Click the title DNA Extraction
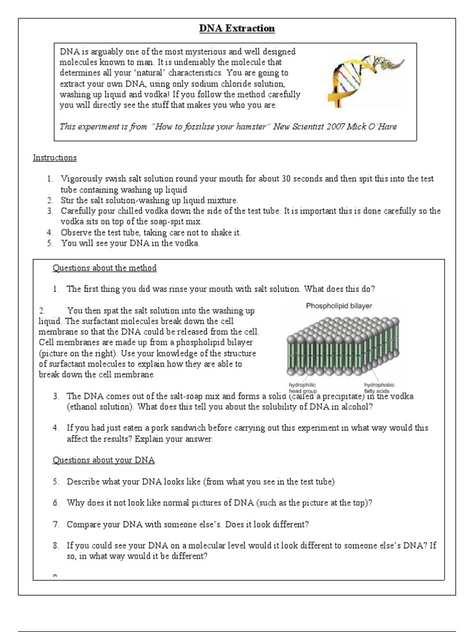click(x=236, y=28)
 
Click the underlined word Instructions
click(x=55, y=158)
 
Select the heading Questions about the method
click(x=104, y=268)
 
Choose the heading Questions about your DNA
click(x=103, y=460)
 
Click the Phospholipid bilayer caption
click(x=339, y=306)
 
